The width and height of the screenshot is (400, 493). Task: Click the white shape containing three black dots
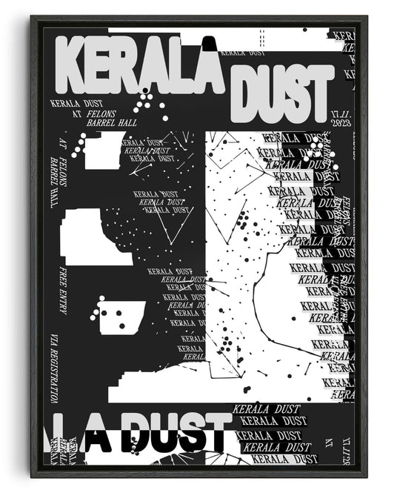[x=121, y=317]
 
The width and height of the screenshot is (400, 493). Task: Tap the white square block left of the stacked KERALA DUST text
[x=101, y=150]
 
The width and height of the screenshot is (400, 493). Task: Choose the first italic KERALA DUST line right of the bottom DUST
[x=266, y=408]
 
